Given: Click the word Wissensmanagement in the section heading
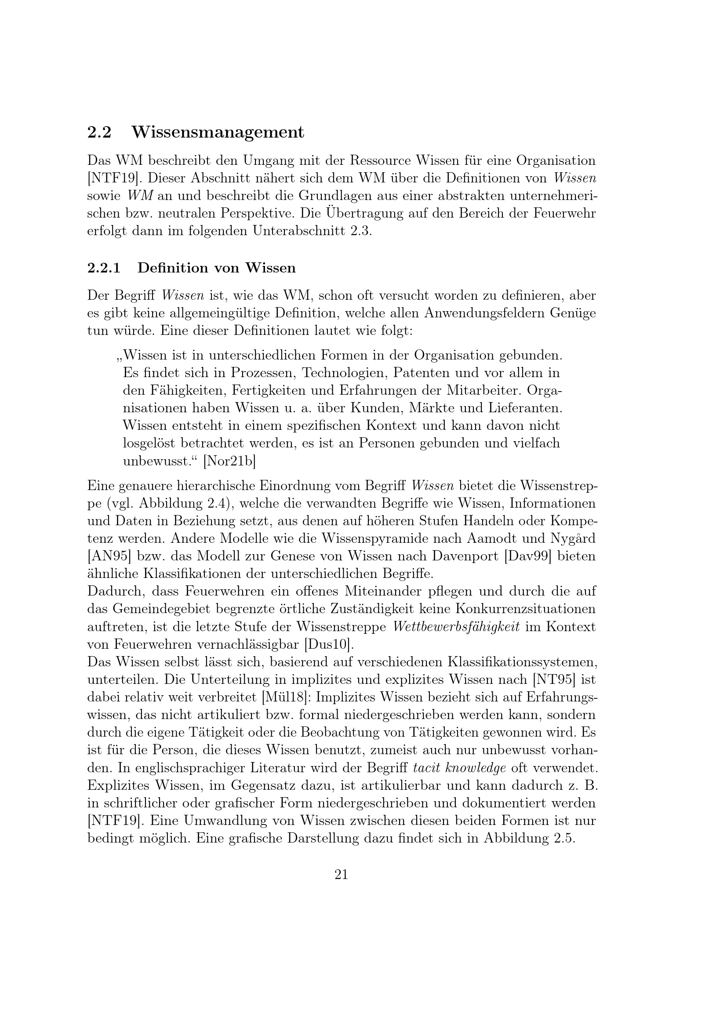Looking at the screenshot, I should point(218,133).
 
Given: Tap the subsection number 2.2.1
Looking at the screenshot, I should point(104,268).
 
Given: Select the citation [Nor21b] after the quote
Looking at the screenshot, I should point(229,461).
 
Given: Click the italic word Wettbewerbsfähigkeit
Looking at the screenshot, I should point(456,627).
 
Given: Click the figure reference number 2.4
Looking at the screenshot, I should point(217,503).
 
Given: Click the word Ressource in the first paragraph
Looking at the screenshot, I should point(381,160).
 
